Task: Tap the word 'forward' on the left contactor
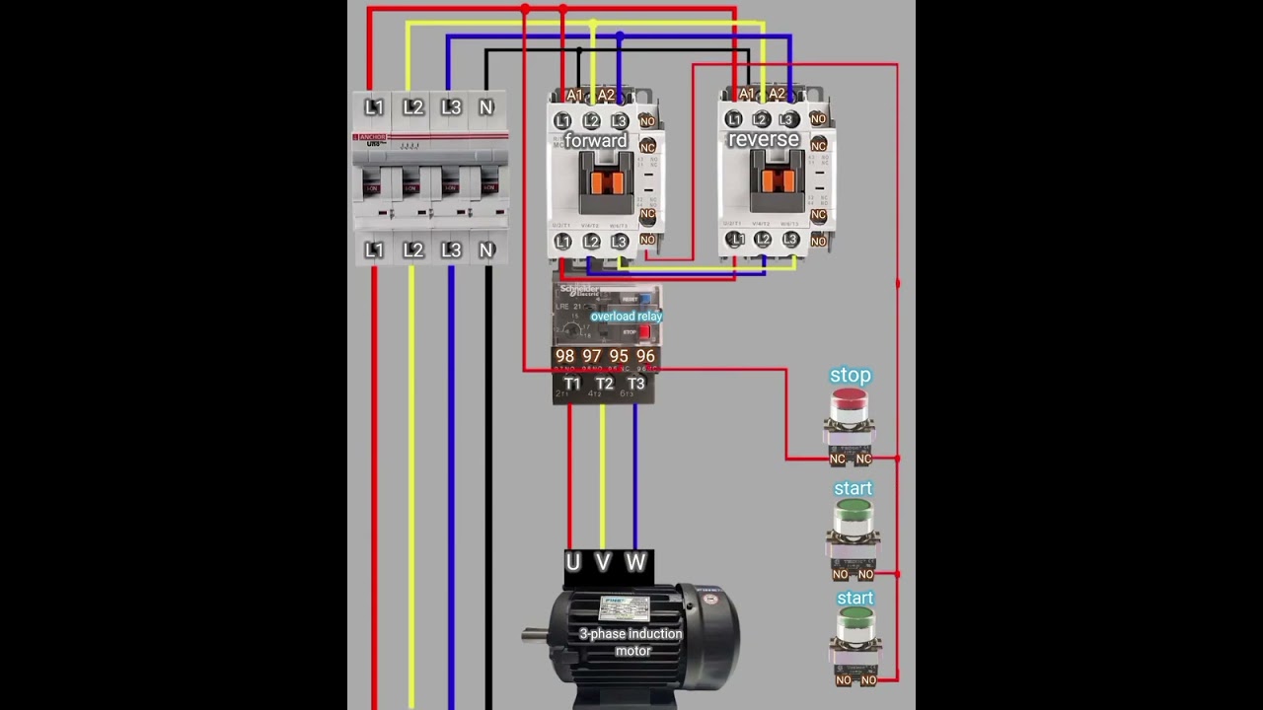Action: click(x=596, y=141)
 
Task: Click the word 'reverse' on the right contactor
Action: click(x=764, y=140)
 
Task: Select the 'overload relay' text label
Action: click(x=626, y=317)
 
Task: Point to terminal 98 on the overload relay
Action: click(x=564, y=356)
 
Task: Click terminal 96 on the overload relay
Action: click(x=645, y=356)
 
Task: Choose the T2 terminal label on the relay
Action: click(x=604, y=384)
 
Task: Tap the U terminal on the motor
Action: click(x=573, y=563)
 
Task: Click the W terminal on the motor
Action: click(x=635, y=563)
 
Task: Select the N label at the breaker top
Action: click(x=486, y=107)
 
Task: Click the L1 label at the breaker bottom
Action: click(x=374, y=250)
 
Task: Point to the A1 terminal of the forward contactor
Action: click(x=575, y=96)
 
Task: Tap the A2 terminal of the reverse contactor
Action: click(x=777, y=95)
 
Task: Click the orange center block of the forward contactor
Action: click(x=606, y=181)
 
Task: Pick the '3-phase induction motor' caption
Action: click(x=631, y=642)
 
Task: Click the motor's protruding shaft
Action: click(x=534, y=634)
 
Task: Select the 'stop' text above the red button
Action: click(x=851, y=376)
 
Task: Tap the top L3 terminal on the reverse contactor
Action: click(x=788, y=120)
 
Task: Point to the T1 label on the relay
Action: click(x=572, y=384)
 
